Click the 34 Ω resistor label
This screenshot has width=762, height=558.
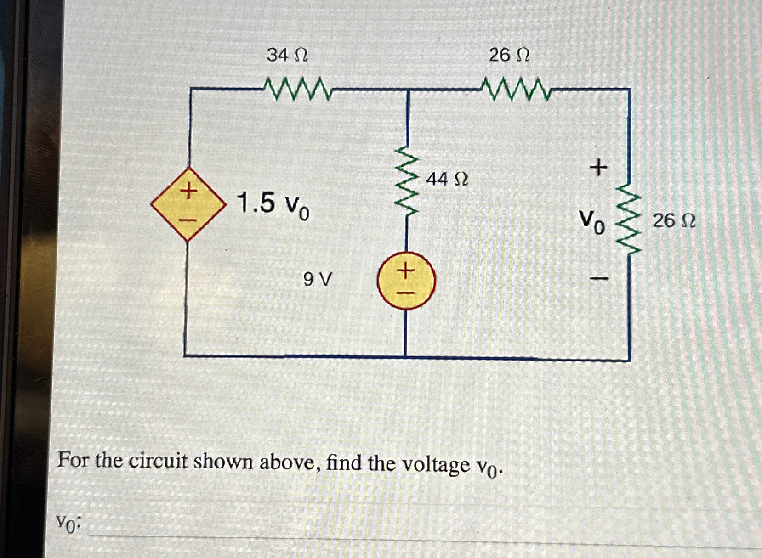point(287,56)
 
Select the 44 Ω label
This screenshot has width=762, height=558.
point(447,179)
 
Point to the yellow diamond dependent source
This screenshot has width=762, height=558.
point(188,204)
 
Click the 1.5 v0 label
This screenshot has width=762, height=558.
point(273,205)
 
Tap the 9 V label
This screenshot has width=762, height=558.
point(317,279)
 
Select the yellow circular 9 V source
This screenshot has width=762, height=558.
point(406,280)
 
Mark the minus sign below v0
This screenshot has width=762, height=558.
point(599,278)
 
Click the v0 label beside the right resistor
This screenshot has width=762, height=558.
point(592,221)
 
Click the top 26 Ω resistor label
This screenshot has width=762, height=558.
point(509,56)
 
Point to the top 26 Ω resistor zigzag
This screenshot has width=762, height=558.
point(515,89)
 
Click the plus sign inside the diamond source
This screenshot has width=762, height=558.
point(188,191)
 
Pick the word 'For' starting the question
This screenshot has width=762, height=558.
point(74,460)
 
